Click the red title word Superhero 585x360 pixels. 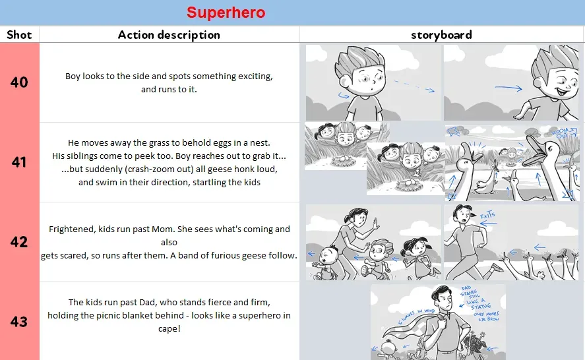coord(226,13)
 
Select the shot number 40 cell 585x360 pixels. coord(19,82)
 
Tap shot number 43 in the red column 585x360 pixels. coord(19,322)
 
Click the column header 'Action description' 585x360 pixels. coord(169,35)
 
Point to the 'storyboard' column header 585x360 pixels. coord(441,35)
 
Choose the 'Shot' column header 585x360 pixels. coord(19,35)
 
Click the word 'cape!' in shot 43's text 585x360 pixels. coord(169,328)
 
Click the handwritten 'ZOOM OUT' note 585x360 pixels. coord(561,134)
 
